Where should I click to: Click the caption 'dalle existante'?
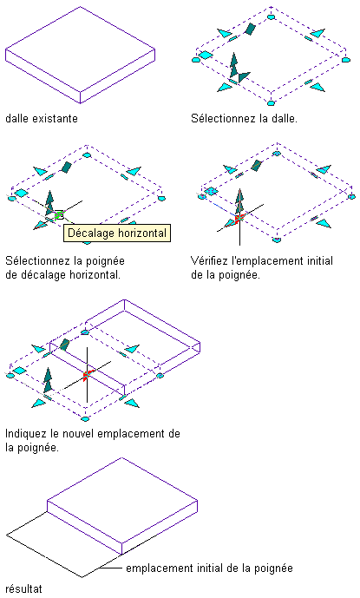[42, 118]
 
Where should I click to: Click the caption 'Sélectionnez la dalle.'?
[244, 118]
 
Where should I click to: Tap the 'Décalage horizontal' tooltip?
[117, 233]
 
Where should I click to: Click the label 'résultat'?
[23, 588]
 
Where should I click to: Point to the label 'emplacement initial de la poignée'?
[209, 568]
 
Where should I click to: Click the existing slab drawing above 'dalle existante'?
[80, 55]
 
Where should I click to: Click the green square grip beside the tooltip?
[59, 215]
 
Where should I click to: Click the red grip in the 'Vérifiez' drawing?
[239, 219]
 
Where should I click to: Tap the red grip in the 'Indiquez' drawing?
[87, 375]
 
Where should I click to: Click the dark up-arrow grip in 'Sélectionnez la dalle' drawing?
[234, 65]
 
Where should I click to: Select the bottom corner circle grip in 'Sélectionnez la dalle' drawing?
[272, 103]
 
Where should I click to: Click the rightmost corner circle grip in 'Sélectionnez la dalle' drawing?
[345, 60]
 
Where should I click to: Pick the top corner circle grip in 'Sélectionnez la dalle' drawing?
[272, 16]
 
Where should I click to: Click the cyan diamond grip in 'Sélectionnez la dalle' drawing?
[206, 56]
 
